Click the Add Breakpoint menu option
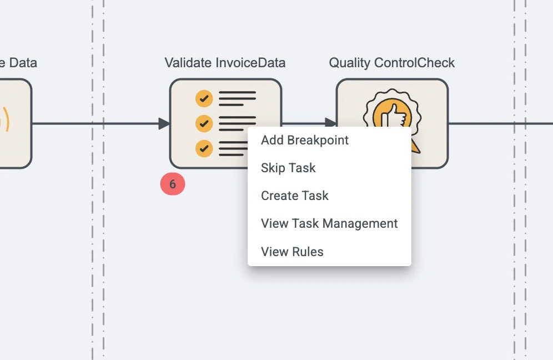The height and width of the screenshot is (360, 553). click(305, 140)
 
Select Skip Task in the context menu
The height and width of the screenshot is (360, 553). click(288, 168)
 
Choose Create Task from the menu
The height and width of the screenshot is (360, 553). click(294, 196)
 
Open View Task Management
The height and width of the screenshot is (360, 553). click(329, 223)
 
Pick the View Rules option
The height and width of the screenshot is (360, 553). click(292, 252)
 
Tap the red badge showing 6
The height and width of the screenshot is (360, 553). click(173, 184)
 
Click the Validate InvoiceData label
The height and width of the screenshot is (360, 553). click(225, 63)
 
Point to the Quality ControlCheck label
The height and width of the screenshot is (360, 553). click(392, 63)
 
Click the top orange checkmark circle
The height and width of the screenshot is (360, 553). click(204, 98)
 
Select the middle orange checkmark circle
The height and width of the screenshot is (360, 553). click(204, 123)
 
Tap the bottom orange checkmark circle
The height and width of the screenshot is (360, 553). click(204, 148)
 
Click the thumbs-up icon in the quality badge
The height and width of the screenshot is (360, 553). click(393, 115)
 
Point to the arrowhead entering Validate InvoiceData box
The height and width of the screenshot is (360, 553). click(164, 123)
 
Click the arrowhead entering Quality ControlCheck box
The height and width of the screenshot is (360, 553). click(330, 122)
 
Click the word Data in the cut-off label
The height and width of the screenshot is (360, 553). click(23, 63)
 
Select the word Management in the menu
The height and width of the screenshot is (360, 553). click(360, 223)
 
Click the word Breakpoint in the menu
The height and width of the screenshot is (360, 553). click(318, 140)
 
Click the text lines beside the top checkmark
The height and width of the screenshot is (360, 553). click(237, 98)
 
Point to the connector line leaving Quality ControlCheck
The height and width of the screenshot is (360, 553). click(500, 123)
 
